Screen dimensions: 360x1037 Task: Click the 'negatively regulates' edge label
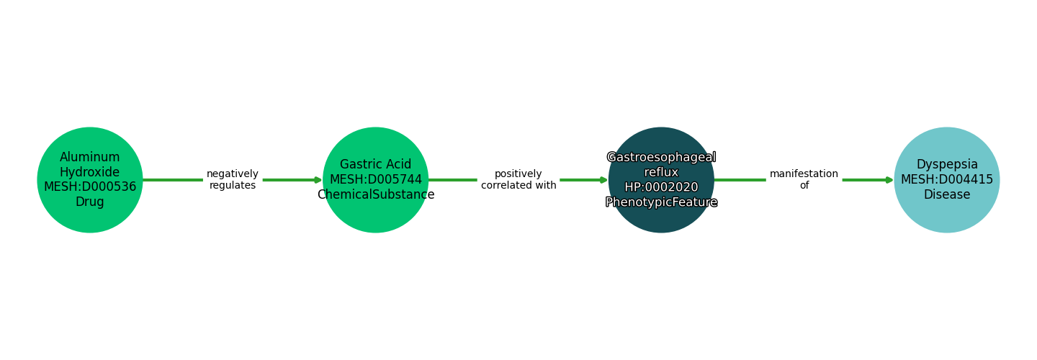click(x=232, y=180)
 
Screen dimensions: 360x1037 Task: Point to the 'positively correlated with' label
click(x=518, y=180)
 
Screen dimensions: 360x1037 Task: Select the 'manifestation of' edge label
click(x=804, y=180)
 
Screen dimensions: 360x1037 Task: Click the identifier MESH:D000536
click(x=90, y=187)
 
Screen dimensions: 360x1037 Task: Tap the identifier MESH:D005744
click(x=375, y=180)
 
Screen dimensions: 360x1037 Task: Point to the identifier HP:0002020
click(x=661, y=187)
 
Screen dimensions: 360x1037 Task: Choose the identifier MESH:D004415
click(x=946, y=180)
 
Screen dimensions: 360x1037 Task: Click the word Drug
click(x=90, y=202)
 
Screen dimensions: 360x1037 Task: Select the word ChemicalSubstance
click(x=375, y=195)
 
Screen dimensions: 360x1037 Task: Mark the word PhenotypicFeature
click(x=661, y=202)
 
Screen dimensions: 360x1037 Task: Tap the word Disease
click(x=946, y=195)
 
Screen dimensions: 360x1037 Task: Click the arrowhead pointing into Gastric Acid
click(x=318, y=180)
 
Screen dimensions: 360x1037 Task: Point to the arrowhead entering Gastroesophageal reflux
click(x=604, y=180)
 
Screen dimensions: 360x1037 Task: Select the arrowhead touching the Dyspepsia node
click(x=889, y=180)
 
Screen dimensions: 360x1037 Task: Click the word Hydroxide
click(x=90, y=172)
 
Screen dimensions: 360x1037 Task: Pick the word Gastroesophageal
click(x=661, y=157)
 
